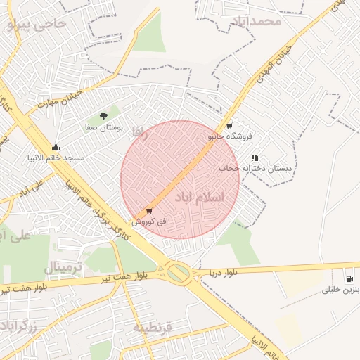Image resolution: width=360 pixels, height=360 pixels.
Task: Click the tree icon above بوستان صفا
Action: coord(104,116)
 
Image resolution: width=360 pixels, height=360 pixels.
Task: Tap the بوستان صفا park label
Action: coord(104,128)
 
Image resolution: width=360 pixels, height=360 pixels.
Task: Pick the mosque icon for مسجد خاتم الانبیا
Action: coord(56,147)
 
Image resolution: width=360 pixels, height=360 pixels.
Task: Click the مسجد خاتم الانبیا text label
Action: coord(56,158)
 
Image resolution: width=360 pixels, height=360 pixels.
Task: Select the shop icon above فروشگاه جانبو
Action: coord(229,125)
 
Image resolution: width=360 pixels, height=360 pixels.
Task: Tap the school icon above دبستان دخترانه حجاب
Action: coord(255,157)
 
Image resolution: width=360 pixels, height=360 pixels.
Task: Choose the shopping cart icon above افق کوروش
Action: coord(148,210)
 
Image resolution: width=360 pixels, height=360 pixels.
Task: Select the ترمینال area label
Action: coord(64,267)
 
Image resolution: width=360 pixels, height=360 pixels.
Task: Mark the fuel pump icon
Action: coord(349,278)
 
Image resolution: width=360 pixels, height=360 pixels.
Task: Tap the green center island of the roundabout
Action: coord(179,272)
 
